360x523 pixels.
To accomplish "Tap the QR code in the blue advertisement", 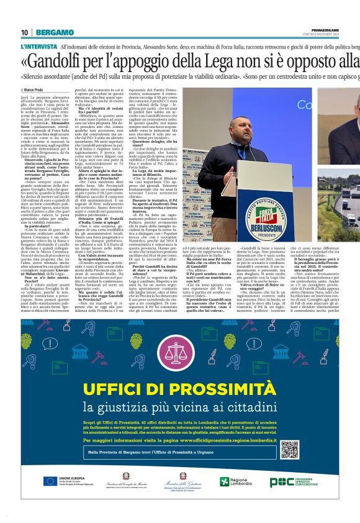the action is point(289,450).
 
